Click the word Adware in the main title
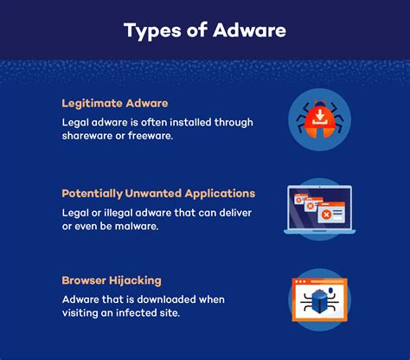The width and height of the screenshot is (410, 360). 250,30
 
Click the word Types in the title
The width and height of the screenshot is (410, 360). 152,31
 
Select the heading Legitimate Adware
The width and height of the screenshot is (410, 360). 115,104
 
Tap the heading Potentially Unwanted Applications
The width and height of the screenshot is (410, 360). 158,194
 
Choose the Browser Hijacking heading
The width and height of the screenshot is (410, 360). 112,280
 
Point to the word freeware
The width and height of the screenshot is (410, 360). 151,136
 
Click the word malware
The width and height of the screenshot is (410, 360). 137,226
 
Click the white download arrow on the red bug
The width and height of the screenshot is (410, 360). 319,116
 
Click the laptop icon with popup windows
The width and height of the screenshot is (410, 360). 319,209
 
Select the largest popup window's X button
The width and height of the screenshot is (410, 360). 326,215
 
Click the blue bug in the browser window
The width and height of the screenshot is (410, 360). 319,301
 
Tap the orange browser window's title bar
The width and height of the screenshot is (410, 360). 319,281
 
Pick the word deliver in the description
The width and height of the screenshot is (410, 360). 235,213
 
